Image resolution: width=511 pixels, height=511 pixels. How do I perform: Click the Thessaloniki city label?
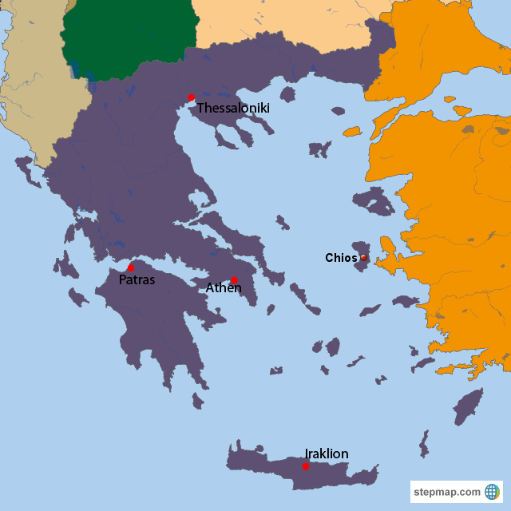pos(233,108)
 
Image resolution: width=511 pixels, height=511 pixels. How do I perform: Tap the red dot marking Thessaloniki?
pos(191,97)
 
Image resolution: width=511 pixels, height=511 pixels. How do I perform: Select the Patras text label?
pos(137,280)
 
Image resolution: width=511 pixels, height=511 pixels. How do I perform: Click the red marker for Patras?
pos(131,267)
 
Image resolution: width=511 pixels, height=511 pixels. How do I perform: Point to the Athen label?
pos(224,287)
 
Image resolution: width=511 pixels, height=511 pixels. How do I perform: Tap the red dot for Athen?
pos(234,279)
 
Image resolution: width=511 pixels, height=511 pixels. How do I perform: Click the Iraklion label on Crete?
pos(327,454)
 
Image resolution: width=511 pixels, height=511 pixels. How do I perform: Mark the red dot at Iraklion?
pos(306,465)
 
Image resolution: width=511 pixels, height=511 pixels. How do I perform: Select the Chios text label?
pos(341,257)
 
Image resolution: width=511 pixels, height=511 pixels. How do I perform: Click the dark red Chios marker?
pos(363,257)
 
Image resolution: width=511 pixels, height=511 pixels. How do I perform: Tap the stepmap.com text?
pos(447,492)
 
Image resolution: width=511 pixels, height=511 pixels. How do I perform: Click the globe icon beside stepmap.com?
pos(492,491)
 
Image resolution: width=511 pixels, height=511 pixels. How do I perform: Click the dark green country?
pos(128,36)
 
